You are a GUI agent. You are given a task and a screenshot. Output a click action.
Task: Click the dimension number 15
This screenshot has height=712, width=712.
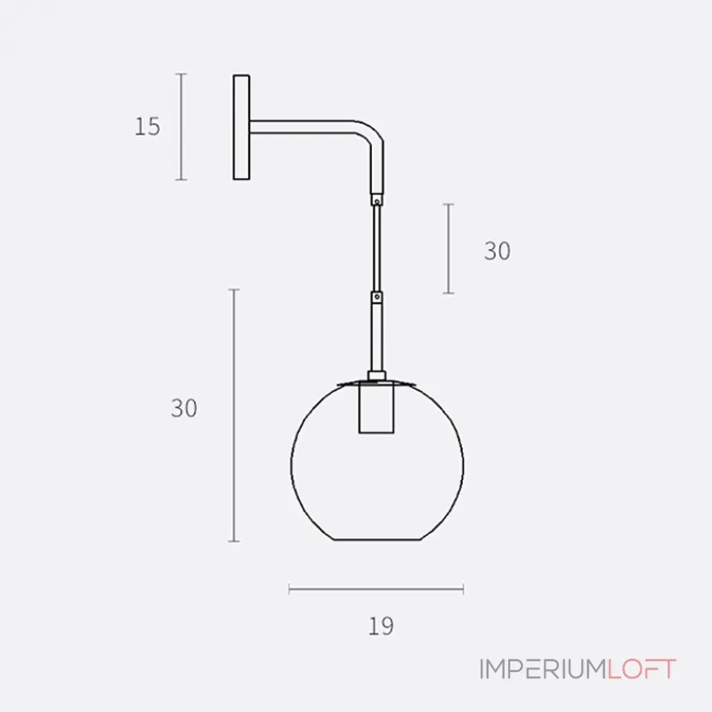click(x=148, y=126)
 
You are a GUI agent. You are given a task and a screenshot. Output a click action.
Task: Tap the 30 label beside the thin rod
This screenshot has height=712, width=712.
click(x=498, y=252)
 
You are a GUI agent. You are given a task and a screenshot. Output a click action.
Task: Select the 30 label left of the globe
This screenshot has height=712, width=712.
click(x=184, y=409)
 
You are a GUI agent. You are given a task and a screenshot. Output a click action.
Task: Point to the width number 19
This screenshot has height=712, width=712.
click(x=380, y=626)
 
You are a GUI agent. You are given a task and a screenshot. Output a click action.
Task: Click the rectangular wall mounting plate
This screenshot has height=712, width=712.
click(x=240, y=128)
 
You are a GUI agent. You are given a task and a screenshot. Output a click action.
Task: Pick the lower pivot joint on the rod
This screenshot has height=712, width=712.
click(x=377, y=295)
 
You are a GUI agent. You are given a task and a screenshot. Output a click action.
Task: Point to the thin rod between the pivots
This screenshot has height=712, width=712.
click(x=377, y=249)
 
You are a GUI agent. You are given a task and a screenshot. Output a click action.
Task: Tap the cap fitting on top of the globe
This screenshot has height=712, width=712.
click(x=376, y=380)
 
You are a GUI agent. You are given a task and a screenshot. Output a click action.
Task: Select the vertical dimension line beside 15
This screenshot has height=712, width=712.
click(x=182, y=126)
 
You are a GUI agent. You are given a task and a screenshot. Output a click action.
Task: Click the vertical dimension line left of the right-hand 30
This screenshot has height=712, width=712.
click(x=449, y=248)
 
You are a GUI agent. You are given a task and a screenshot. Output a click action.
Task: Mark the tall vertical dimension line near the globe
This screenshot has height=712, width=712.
click(x=234, y=415)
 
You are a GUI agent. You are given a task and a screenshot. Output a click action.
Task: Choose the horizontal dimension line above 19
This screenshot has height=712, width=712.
click(x=376, y=587)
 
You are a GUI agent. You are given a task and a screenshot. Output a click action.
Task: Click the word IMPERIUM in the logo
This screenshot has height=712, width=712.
click(x=542, y=669)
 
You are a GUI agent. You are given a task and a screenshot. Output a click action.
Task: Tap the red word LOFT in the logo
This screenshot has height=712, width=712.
click(x=642, y=669)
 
